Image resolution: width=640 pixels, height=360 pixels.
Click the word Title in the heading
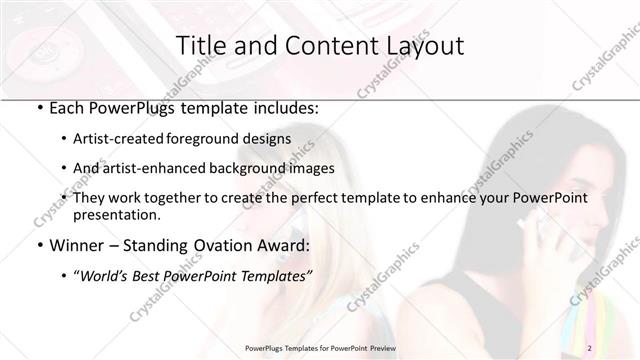point(202,45)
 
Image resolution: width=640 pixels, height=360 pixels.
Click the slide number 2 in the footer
point(590,347)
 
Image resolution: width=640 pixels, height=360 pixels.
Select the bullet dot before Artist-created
point(64,140)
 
